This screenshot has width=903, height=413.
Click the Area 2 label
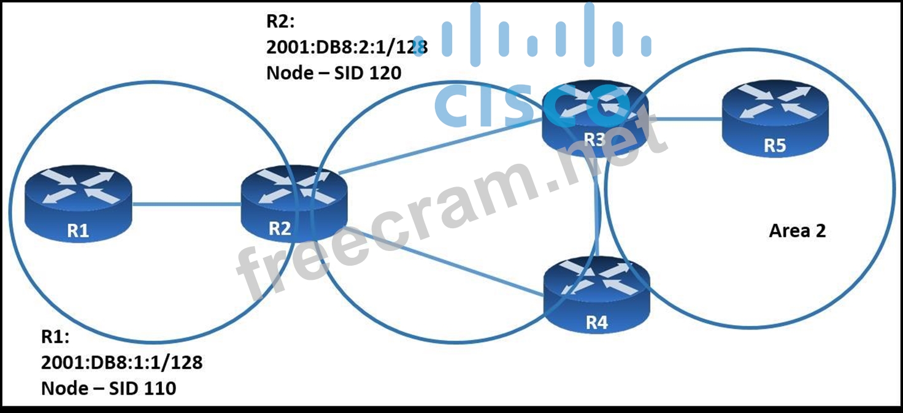[797, 231]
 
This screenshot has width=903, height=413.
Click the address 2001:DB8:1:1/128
[121, 363]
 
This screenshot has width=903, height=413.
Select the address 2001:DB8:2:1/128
[347, 47]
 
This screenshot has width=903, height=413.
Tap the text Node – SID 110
[109, 388]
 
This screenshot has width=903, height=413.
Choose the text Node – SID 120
[334, 73]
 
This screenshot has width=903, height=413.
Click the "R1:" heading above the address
[55, 337]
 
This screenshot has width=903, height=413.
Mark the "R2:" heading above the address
[280, 21]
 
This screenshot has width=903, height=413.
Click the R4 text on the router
[596, 323]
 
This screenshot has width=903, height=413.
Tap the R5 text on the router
[775, 146]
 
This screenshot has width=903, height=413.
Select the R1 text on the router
[79, 231]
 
